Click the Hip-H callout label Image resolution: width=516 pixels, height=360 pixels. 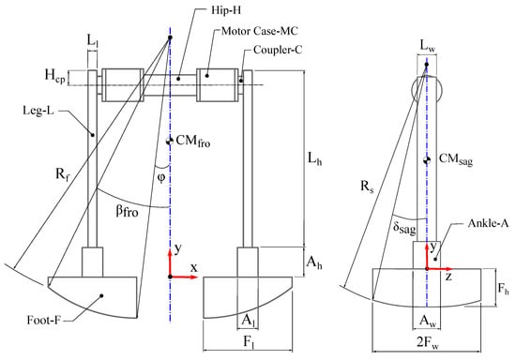click(x=226, y=10)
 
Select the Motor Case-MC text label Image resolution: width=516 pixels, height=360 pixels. click(x=260, y=31)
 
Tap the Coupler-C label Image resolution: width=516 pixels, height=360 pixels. click(x=278, y=50)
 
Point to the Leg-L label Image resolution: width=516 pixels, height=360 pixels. click(x=38, y=111)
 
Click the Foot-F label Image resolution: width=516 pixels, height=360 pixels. click(x=44, y=320)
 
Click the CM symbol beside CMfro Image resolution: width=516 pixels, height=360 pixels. click(x=170, y=141)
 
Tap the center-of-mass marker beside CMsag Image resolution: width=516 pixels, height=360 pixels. click(x=427, y=160)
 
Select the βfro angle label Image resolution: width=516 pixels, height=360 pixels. click(x=127, y=211)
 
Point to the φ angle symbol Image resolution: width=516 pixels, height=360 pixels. click(x=161, y=178)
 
